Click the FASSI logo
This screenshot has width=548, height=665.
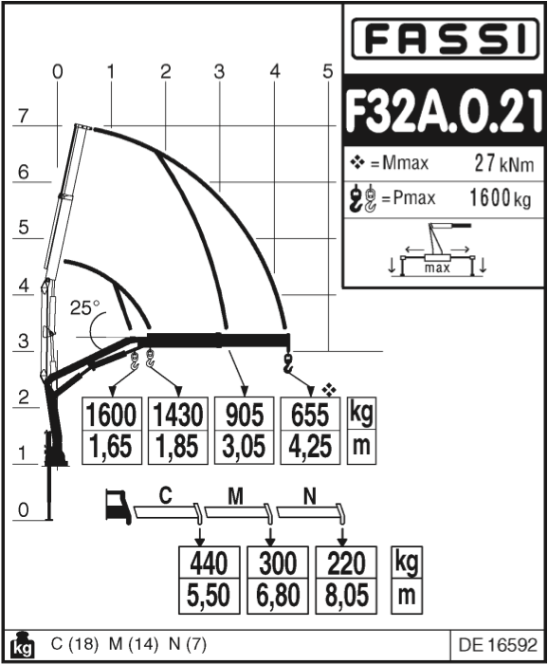click(x=445, y=39)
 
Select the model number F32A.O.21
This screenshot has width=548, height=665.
click(x=444, y=111)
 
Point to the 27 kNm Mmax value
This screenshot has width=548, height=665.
click(x=503, y=163)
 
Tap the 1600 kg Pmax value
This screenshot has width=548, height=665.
click(x=500, y=197)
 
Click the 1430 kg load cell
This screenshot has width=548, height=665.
click(x=177, y=415)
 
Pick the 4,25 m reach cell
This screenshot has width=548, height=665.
click(x=310, y=447)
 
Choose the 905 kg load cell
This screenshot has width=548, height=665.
click(x=244, y=415)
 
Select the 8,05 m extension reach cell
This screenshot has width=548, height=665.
click(x=346, y=596)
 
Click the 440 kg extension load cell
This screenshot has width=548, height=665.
click(x=210, y=563)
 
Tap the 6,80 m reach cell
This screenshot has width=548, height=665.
click(x=278, y=596)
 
